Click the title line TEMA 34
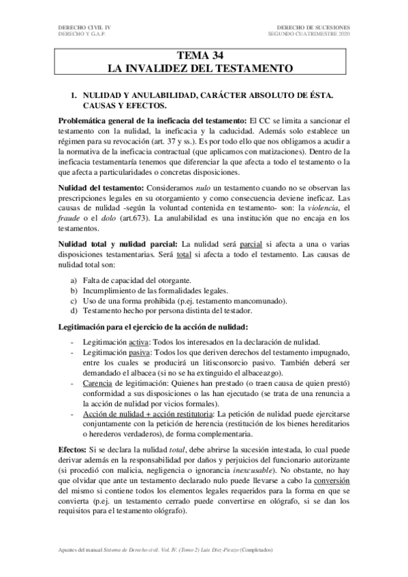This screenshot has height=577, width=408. (x=204, y=56)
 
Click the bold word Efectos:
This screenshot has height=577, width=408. (x=75, y=450)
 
